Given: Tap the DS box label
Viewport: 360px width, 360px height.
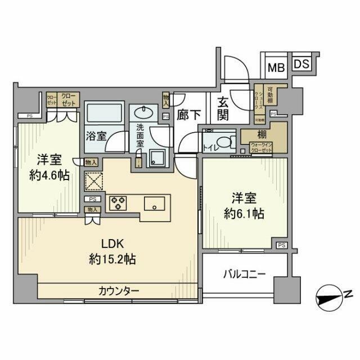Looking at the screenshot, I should [301, 64].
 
